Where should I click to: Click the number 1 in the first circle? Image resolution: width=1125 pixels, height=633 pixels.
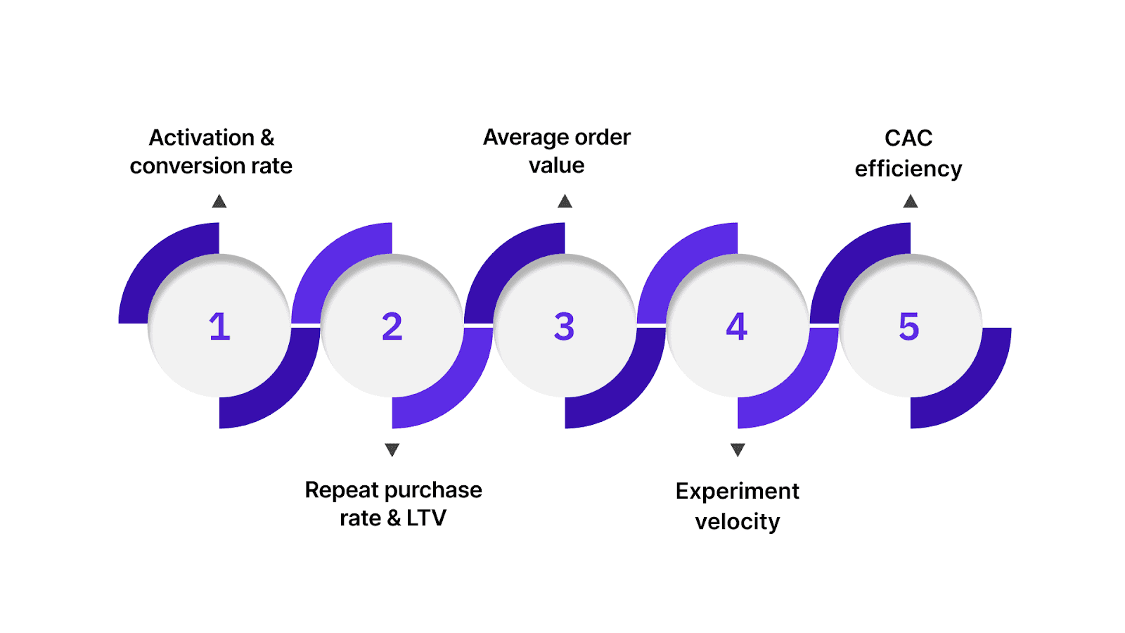click(x=219, y=327)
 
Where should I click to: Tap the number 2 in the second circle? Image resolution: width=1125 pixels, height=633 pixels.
click(x=392, y=327)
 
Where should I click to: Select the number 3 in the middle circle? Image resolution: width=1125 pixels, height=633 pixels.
click(x=564, y=327)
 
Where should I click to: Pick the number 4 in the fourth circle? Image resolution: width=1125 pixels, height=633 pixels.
click(x=736, y=327)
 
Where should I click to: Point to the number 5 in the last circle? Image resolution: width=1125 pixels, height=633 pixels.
click(x=909, y=327)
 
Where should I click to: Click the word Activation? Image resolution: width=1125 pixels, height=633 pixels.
click(x=201, y=138)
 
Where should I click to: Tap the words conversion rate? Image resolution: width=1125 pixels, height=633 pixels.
click(x=211, y=166)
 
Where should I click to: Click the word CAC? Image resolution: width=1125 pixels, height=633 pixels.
click(x=908, y=138)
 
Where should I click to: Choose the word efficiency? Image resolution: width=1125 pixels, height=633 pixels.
click(x=908, y=169)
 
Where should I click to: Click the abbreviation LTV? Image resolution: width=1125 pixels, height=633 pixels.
click(x=426, y=518)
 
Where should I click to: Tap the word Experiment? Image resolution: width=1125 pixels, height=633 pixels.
click(x=737, y=491)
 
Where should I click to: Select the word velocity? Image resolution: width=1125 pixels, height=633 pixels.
click(x=737, y=522)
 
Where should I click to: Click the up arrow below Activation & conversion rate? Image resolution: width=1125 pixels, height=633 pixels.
click(x=219, y=202)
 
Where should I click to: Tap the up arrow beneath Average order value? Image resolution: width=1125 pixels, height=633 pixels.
click(x=565, y=202)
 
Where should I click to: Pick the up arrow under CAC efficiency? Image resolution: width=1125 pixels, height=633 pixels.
click(x=911, y=202)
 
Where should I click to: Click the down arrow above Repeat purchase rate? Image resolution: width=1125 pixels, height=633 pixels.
click(x=392, y=449)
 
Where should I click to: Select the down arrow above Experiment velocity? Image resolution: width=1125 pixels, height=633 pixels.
click(x=738, y=449)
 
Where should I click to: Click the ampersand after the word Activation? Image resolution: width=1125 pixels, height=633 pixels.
click(x=267, y=138)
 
